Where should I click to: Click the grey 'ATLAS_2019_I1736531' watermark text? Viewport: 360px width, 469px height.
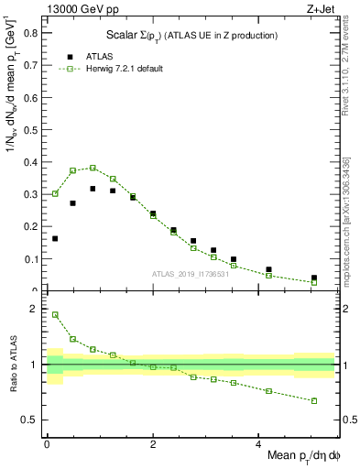coord(191,274)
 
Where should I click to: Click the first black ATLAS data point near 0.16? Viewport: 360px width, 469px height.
coord(55,238)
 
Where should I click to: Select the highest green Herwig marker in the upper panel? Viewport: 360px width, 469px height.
coord(93,168)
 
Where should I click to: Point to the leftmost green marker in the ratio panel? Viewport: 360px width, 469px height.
coord(55,314)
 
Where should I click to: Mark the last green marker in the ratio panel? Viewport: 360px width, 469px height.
coord(314,400)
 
